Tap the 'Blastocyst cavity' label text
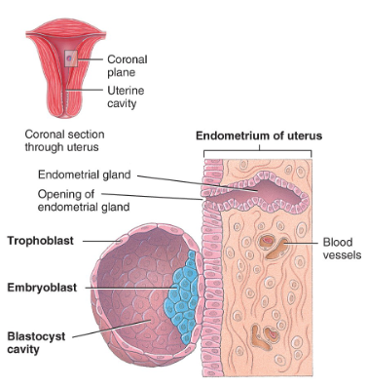coord(36,337)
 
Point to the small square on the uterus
coord(69,58)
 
